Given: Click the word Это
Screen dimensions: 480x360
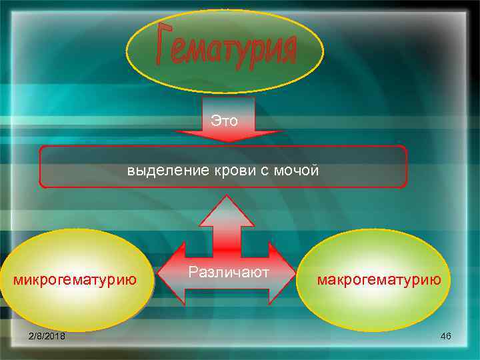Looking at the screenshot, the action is coord(225,121).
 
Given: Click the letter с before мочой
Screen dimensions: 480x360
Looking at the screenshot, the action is coord(264,171).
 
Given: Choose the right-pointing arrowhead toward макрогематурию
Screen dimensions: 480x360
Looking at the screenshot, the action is coord(283,273).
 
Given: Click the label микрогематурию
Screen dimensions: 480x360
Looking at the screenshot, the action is coord(75,279).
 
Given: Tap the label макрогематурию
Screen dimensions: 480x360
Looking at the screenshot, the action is coord(379,279).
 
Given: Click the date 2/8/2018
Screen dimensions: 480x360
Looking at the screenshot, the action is coord(47,337).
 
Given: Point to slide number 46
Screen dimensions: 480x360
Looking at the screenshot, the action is coord(446,336).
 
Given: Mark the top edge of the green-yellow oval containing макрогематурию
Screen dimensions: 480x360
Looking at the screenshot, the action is coord(379,230).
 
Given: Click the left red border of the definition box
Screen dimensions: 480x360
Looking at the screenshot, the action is coord(40,167).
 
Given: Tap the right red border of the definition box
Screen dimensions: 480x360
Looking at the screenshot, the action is coord(407,167).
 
